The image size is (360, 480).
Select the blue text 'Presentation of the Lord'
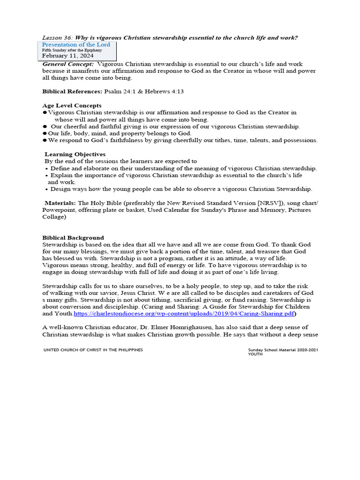tap(76, 45)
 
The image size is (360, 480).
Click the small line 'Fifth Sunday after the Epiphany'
tap(72, 50)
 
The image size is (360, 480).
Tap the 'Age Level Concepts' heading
tap(72, 105)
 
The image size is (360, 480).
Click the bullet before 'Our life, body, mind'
tap(45, 133)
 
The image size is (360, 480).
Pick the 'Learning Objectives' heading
tap(75, 154)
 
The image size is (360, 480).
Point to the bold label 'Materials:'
tap(60, 203)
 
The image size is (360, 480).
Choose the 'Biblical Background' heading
tap(73, 238)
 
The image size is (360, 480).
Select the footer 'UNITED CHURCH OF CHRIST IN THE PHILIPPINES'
tap(93, 350)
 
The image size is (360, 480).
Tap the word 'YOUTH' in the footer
tap(255, 354)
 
